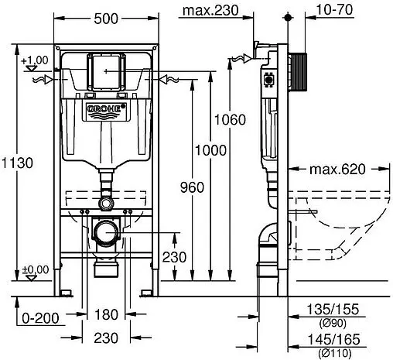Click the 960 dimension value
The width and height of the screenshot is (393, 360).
[192, 187]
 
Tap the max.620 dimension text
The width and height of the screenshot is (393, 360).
[338, 168]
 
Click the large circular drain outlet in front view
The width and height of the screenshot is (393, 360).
[106, 231]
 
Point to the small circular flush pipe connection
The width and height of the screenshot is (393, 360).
[106, 202]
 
